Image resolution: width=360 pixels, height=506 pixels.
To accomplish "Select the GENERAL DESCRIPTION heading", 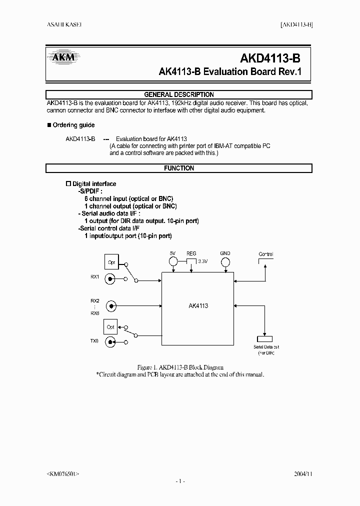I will coord(179,94).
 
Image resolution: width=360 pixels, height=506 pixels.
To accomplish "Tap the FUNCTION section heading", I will coord(179,168).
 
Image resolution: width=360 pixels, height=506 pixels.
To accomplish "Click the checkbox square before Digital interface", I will coord(69,184).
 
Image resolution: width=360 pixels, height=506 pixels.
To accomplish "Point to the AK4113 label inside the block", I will coord(198,305).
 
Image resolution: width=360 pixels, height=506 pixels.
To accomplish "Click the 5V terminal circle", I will coord(173,261).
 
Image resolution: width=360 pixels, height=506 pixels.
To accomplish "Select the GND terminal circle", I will coord(225,261).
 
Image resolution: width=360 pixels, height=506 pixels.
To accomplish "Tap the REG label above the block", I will coord(191,253).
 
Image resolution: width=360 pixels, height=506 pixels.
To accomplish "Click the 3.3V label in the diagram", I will coord(202,261).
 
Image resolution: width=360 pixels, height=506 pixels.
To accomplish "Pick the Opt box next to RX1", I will coord(110,261).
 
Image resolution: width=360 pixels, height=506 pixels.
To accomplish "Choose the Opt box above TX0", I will coord(110,326).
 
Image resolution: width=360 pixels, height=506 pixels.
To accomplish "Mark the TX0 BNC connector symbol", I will coord(110,342).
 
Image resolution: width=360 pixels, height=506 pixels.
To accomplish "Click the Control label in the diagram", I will coord(265,254).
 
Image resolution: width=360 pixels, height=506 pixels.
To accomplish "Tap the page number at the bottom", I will coord(180,481).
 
